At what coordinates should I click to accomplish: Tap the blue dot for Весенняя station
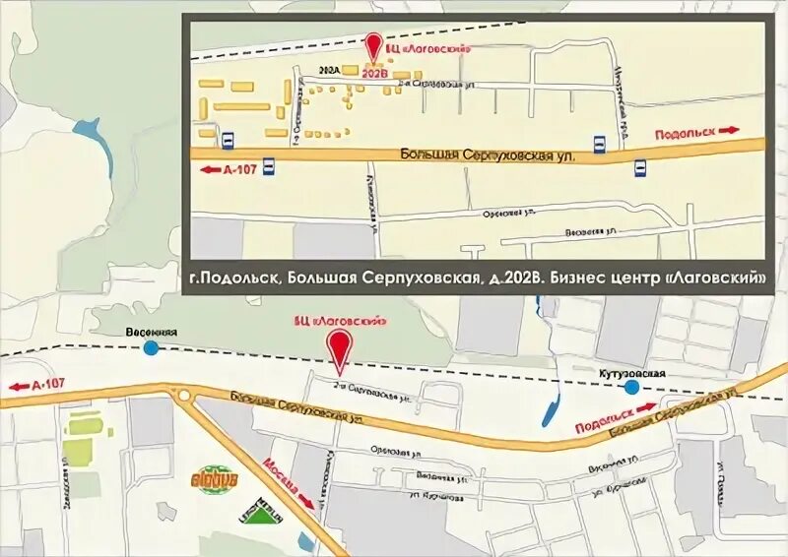pyautogui.click(x=151, y=347)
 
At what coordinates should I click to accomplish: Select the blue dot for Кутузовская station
pyautogui.click(x=631, y=388)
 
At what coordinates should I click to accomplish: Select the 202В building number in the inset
pyautogui.click(x=373, y=72)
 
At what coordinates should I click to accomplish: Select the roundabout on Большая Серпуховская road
pyautogui.click(x=185, y=395)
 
